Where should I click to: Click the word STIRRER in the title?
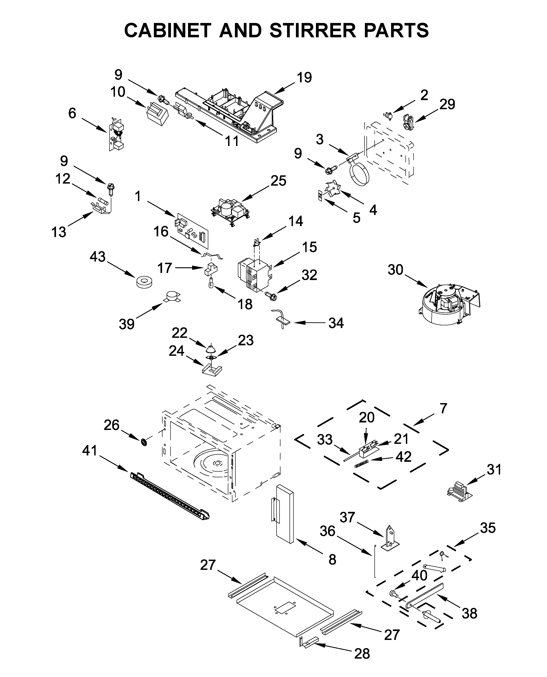pos(313,30)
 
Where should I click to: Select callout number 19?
pos(304,78)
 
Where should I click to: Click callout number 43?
pos(97,257)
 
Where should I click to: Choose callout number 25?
pos(278,181)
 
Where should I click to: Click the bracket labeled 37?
pos(390,538)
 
